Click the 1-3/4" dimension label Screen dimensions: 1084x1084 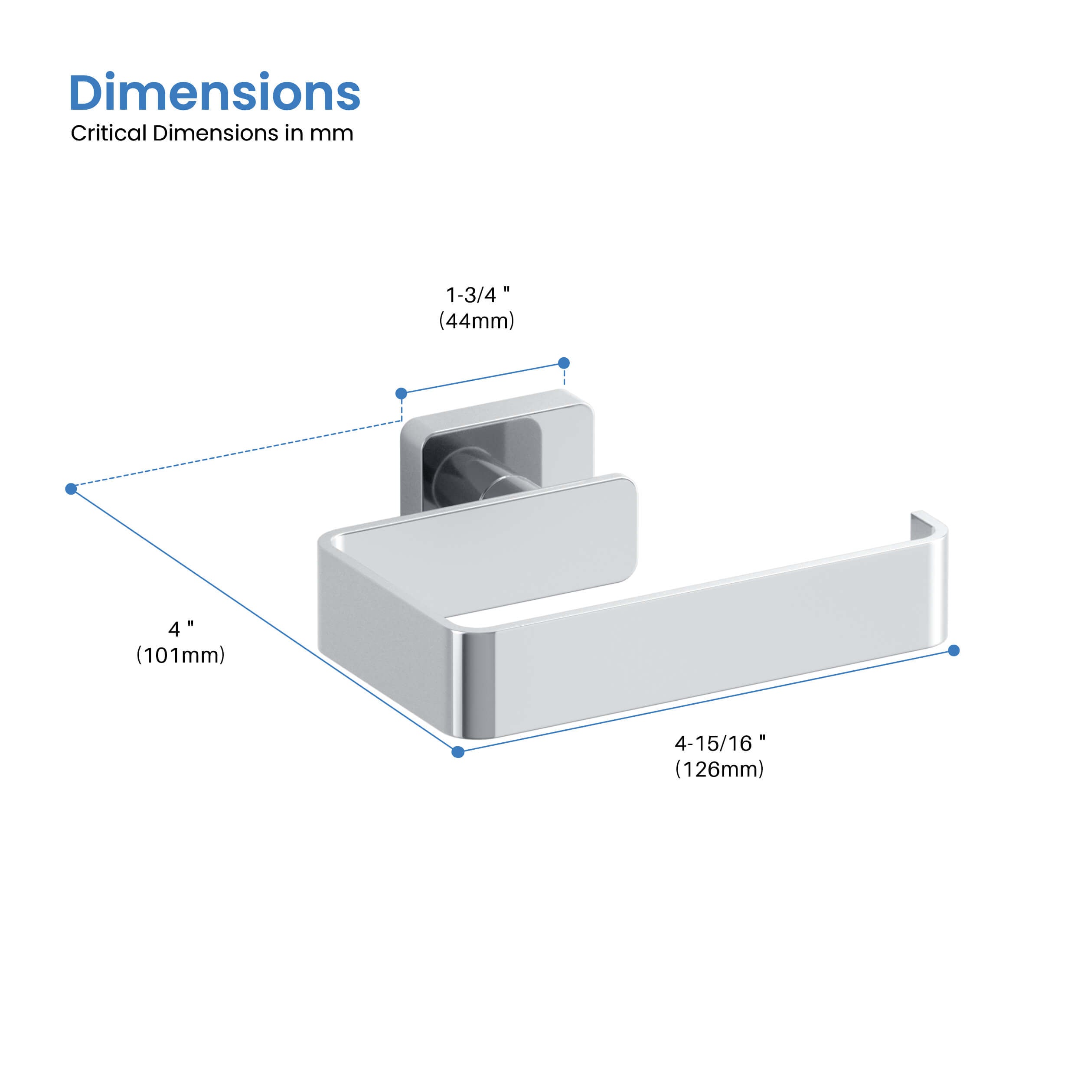[477, 294]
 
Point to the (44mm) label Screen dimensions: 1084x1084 [477, 321]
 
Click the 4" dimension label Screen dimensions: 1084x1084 [181, 629]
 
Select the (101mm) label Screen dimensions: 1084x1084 [181, 655]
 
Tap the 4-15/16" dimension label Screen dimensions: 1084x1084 [719, 744]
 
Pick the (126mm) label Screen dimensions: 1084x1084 [719, 769]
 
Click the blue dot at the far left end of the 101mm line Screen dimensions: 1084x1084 [71, 489]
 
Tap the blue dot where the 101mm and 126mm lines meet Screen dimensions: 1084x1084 [458, 752]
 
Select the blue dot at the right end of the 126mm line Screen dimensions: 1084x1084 [954, 650]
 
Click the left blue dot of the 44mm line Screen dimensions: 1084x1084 [401, 393]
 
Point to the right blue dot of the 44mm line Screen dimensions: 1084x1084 [564, 363]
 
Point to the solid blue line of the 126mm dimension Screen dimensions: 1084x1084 [707, 701]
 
